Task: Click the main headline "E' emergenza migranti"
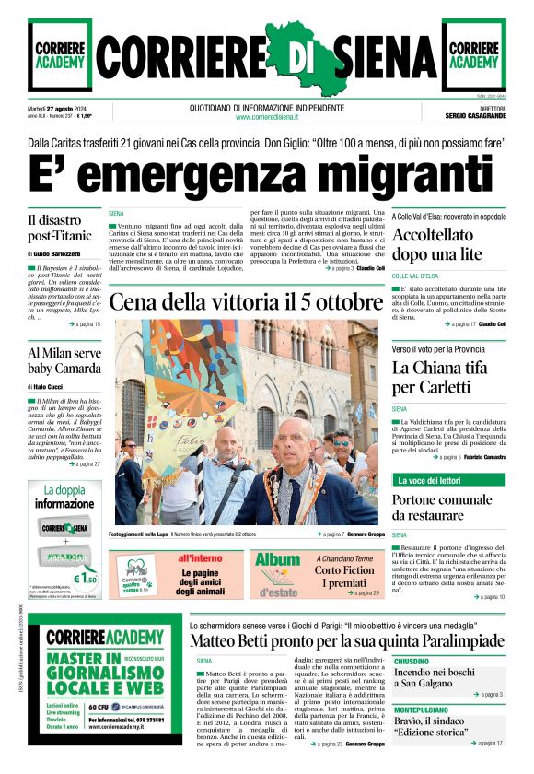[x=266, y=175]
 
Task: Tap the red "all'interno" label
[x=200, y=558]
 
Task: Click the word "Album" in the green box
[x=277, y=559]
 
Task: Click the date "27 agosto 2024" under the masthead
[x=75, y=108]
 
